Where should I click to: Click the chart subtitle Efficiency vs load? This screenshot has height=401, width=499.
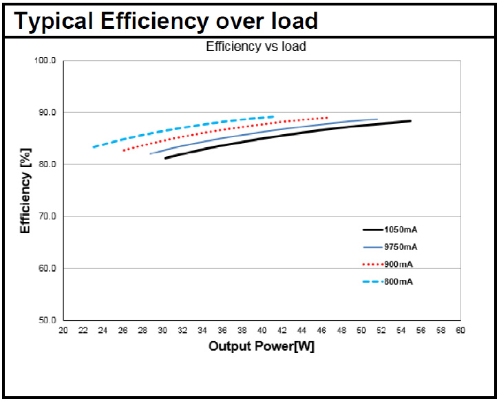coord(256,47)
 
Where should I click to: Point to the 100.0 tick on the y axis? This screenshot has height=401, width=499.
coord(45,61)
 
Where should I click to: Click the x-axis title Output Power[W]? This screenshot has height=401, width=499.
coord(262,346)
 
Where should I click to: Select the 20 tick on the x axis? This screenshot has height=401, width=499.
coord(63,331)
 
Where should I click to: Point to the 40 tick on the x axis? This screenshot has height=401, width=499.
coord(262,331)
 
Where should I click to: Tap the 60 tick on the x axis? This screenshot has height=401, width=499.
coord(460,331)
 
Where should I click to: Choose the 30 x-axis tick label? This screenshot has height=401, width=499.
coord(162,331)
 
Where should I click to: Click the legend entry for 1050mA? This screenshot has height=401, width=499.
coord(401,229)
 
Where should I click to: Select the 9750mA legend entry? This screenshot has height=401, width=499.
coord(401,247)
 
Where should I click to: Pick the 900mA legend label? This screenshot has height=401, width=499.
coord(399,264)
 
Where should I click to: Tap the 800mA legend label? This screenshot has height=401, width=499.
coord(399,282)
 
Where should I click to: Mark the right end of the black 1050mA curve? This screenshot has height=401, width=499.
coord(410,121)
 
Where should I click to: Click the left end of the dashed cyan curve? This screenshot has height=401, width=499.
coord(93,147)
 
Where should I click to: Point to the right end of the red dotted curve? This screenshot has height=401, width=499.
coord(327,118)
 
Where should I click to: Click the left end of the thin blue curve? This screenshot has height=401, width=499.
coord(151,153)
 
